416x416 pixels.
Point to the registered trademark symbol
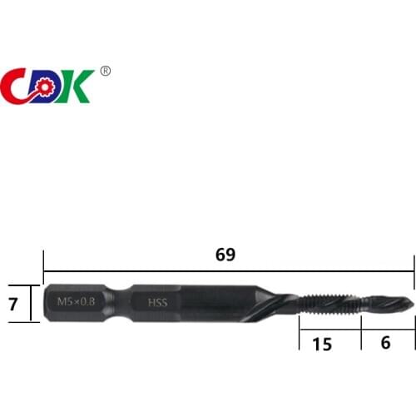click(x=105, y=71)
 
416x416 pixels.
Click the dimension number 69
click(x=225, y=255)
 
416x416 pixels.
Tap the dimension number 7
click(x=12, y=304)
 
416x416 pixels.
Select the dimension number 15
click(x=322, y=344)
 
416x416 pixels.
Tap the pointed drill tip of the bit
click(x=409, y=303)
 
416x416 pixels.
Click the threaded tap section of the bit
click(x=333, y=303)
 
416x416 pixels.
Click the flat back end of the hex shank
click(x=42, y=303)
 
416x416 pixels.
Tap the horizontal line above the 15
click(x=329, y=329)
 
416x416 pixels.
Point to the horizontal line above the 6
click(x=387, y=329)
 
